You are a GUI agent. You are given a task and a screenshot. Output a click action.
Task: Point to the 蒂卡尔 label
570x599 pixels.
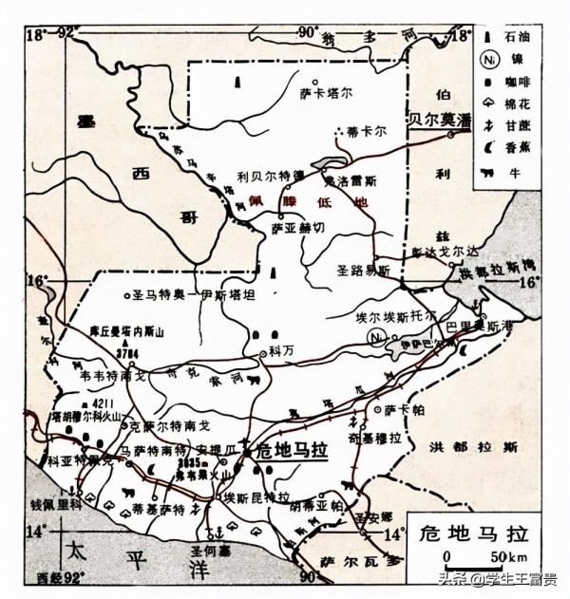[x=367, y=130]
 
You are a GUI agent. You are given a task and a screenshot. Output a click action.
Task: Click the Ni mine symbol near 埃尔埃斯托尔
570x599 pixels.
[x=379, y=337]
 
